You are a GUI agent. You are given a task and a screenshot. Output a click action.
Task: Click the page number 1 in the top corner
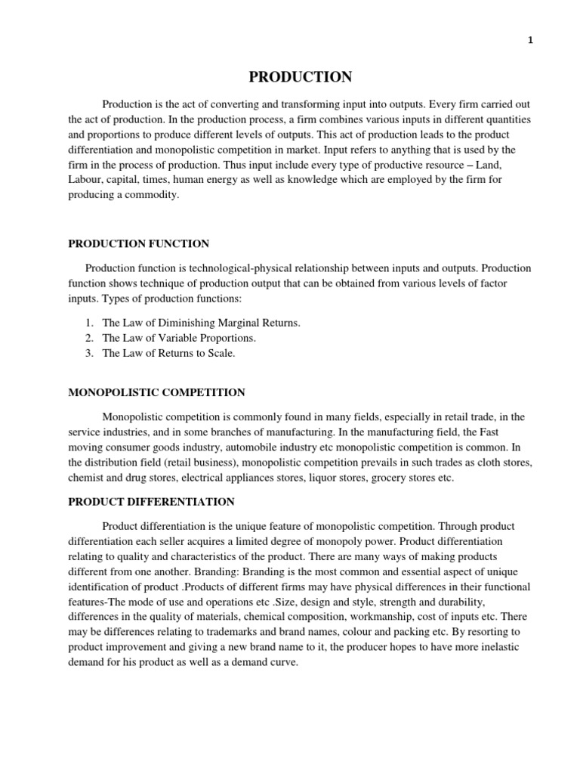click(x=530, y=41)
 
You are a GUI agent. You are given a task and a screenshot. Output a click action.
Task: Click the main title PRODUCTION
click(x=301, y=77)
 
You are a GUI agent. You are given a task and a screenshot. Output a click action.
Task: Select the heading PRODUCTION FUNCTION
click(x=139, y=243)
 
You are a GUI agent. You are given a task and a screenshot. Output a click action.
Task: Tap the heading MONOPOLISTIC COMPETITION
click(x=157, y=392)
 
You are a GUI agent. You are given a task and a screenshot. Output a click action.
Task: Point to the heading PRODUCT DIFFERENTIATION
click(x=151, y=502)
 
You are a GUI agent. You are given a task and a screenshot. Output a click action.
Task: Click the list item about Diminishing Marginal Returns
click(x=201, y=323)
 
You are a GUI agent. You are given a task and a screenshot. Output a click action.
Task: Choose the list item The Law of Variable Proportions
click(x=179, y=338)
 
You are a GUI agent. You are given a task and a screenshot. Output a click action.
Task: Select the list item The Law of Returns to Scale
click(x=168, y=353)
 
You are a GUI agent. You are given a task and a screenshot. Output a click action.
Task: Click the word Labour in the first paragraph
click(x=85, y=180)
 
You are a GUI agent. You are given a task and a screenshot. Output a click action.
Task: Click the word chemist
click(x=85, y=477)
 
